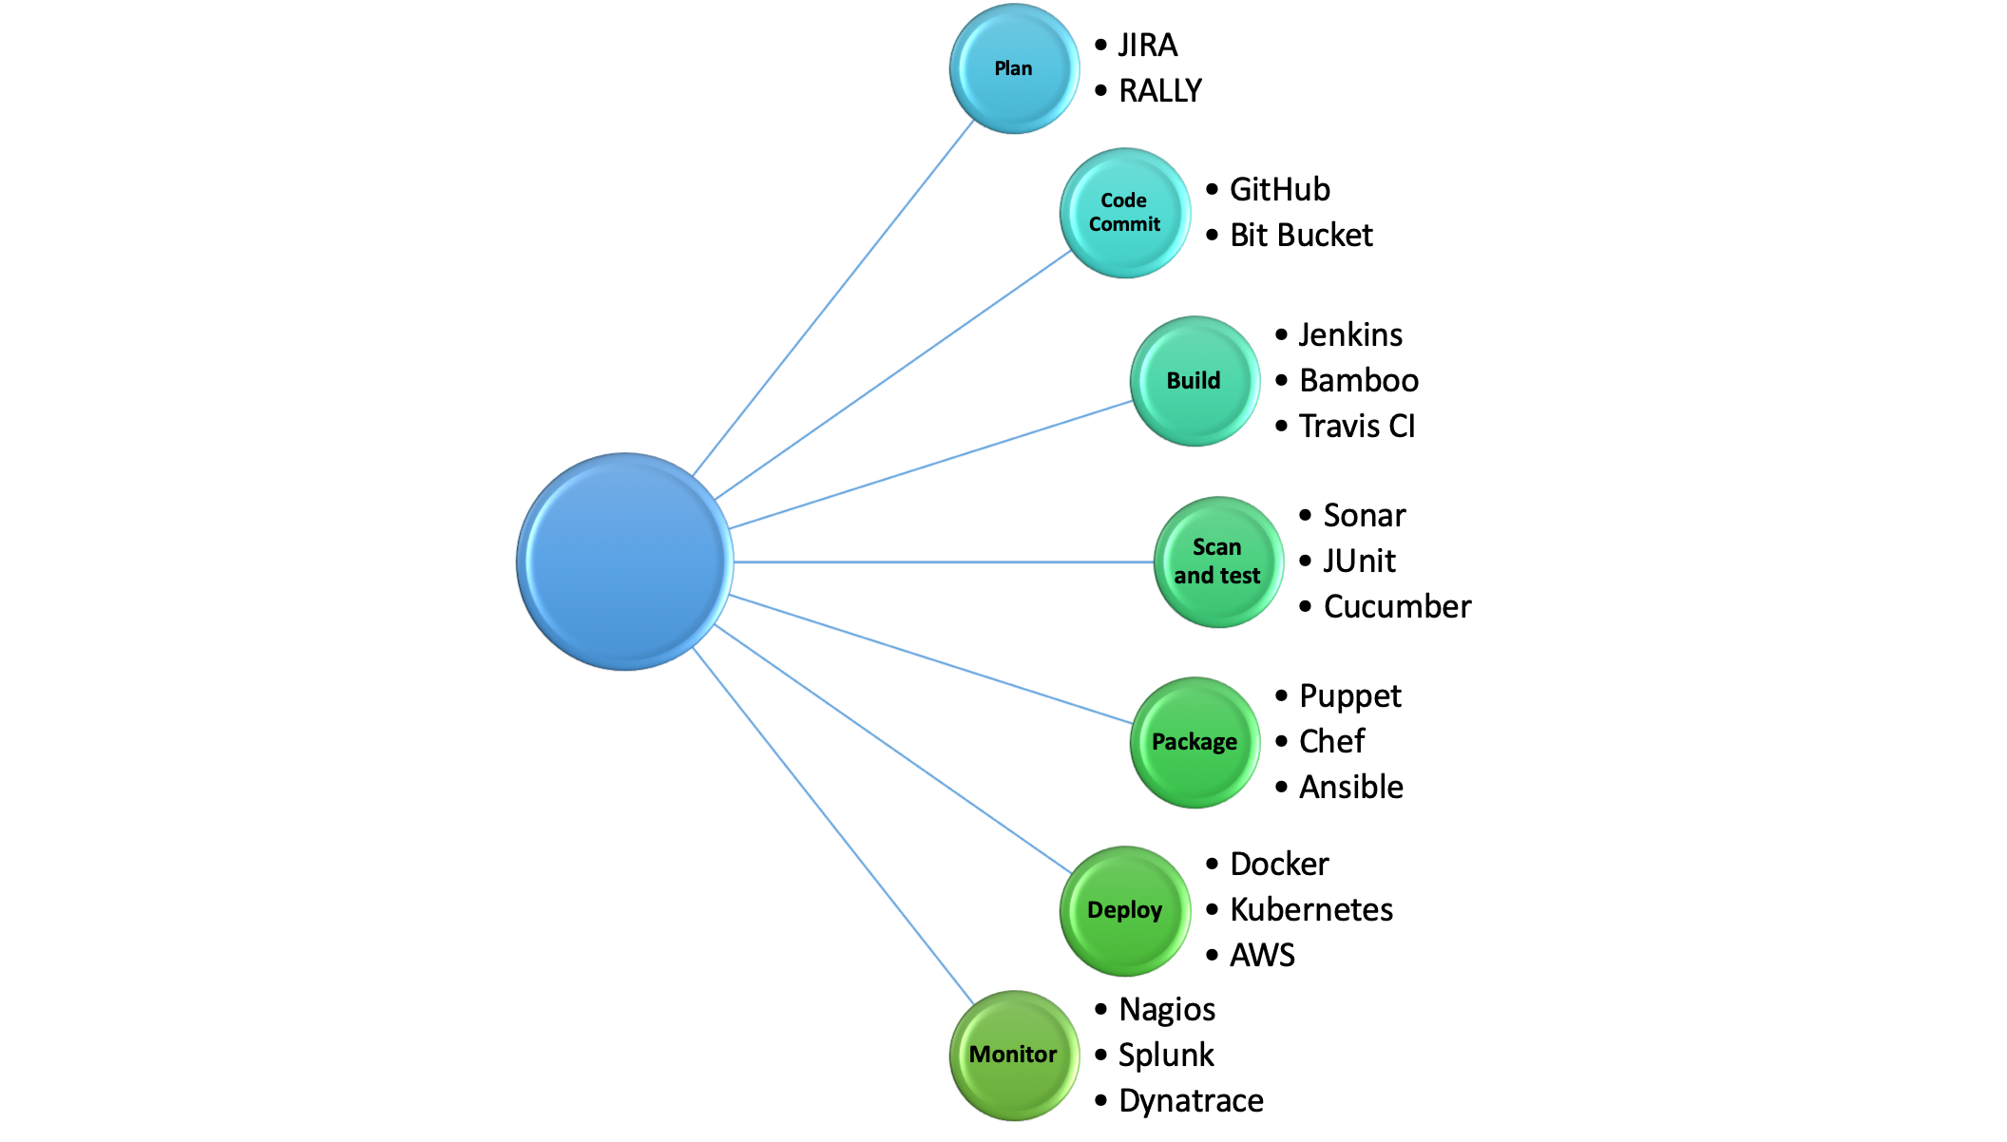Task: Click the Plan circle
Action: point(1014,68)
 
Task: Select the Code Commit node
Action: point(1124,213)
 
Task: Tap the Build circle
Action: point(1195,381)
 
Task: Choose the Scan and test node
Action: point(1218,561)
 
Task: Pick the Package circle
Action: point(1195,742)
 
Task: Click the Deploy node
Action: point(1124,910)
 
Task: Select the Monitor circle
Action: point(1014,1055)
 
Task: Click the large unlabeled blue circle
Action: point(624,561)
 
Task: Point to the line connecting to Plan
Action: point(833,298)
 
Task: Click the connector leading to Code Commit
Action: point(893,375)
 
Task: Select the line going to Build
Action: point(931,465)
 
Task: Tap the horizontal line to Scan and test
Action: point(941,562)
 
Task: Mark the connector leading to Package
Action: point(931,659)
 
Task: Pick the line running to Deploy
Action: point(893,749)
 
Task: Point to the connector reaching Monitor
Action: point(833,826)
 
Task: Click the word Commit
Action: point(1125,224)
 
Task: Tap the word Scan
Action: point(1217,547)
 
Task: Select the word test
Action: point(1239,576)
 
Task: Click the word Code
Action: point(1124,200)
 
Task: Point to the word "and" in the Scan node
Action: point(1194,576)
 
